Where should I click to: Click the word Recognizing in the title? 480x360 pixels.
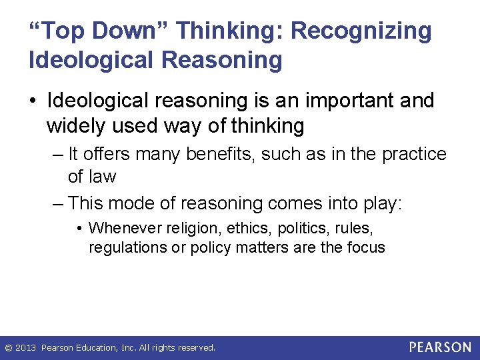(x=361, y=31)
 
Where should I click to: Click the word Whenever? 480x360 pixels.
(x=123, y=229)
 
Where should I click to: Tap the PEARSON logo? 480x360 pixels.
(x=440, y=347)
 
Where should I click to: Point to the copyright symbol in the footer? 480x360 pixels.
(x=8, y=348)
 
